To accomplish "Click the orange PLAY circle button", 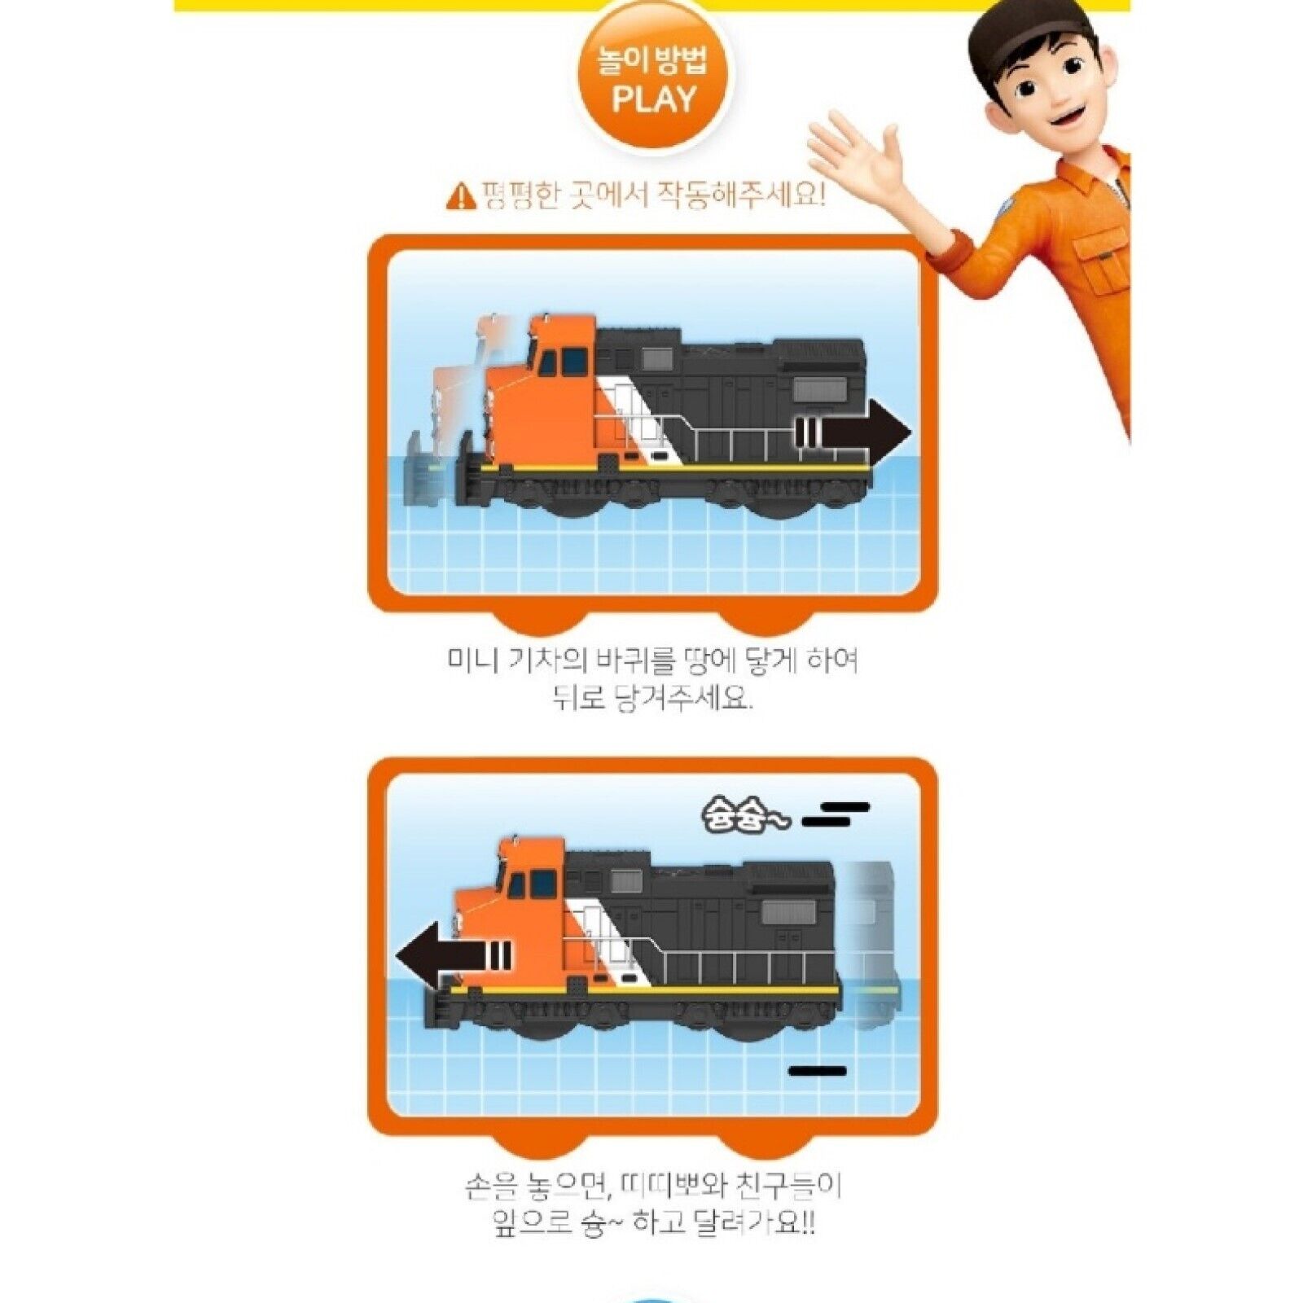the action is pos(654,78).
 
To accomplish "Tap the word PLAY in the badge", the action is pos(654,100).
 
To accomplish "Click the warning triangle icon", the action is pos(461,196).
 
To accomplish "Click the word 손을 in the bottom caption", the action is pos(492,1187).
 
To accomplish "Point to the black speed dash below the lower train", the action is pos(818,1071).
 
